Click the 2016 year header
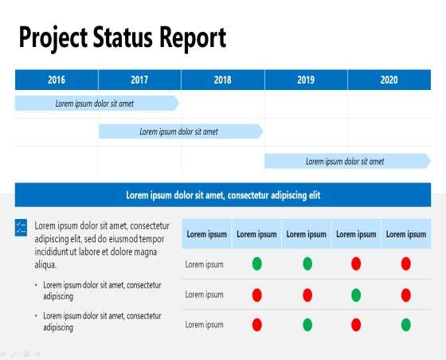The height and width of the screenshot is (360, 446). (x=57, y=80)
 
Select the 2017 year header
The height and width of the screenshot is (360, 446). (x=139, y=80)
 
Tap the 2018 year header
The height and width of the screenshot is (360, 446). (x=223, y=80)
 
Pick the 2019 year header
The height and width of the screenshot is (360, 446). (x=306, y=80)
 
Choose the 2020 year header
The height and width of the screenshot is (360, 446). (x=389, y=80)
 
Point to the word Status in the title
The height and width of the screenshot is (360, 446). (x=123, y=37)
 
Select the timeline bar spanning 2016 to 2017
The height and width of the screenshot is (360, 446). (x=96, y=103)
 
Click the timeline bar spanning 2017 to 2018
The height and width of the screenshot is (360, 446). (x=181, y=131)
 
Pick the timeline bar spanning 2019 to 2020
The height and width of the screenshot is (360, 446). (x=347, y=161)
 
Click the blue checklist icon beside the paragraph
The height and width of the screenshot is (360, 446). (x=21, y=228)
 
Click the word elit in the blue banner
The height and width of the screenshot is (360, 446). (x=315, y=195)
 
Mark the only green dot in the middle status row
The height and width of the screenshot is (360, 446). (x=356, y=295)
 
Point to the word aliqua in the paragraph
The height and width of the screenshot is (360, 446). (x=45, y=264)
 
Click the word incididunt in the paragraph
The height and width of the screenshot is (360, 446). (x=52, y=252)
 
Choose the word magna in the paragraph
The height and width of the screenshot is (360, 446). (x=145, y=252)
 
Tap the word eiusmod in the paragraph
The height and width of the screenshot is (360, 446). (x=119, y=239)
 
